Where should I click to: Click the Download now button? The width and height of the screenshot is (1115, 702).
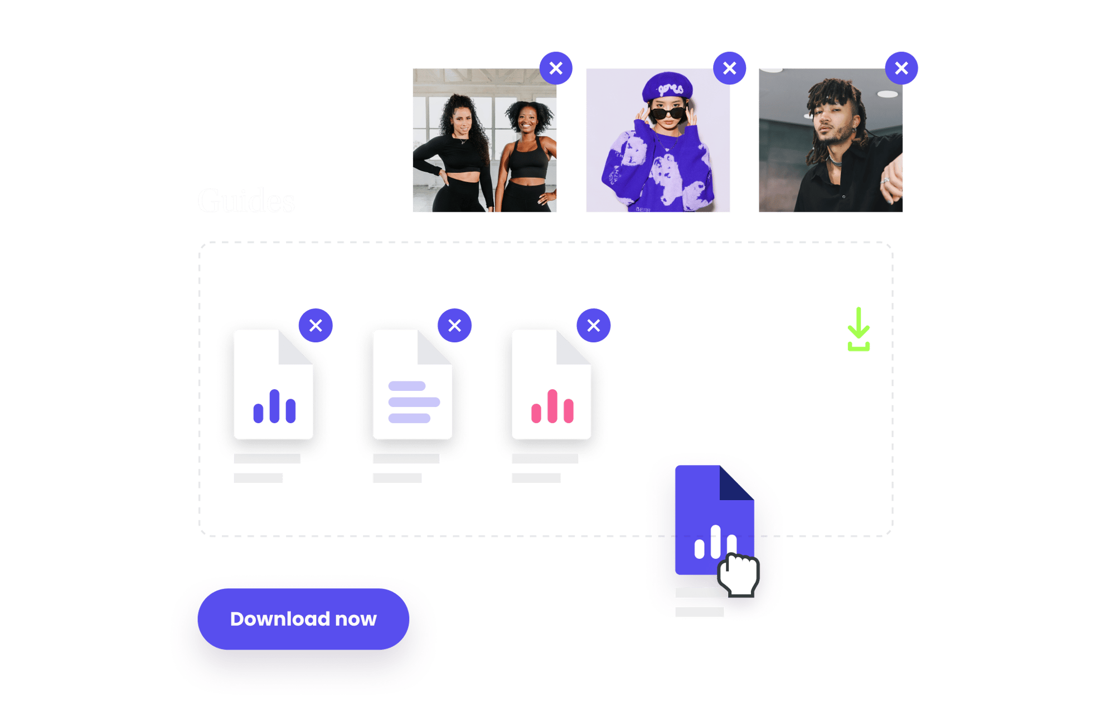[x=303, y=618]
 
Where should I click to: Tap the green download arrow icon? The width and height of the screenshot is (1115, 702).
[x=858, y=330]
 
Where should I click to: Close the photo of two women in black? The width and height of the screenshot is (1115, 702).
[x=556, y=69]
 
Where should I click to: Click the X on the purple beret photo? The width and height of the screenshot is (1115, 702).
[x=730, y=69]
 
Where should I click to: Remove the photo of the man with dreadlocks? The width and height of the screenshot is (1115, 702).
[x=901, y=69]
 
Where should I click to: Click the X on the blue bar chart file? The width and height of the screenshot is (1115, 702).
[x=316, y=326]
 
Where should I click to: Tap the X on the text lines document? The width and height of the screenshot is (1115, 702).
[x=454, y=326]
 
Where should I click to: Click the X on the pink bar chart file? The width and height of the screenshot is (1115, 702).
[x=593, y=326]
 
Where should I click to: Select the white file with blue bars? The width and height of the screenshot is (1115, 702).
[x=273, y=385]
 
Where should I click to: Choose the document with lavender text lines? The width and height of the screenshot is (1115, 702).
[x=413, y=385]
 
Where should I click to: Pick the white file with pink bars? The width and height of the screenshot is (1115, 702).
[x=551, y=385]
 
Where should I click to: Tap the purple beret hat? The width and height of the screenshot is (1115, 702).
[x=667, y=86]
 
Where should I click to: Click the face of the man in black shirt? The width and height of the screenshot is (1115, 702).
[x=830, y=122]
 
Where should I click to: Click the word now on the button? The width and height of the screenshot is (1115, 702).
[x=356, y=619]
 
